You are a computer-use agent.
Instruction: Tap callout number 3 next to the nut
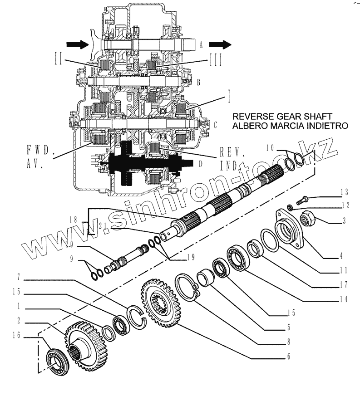coord(344,221)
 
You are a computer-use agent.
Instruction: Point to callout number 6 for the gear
coord(288,356)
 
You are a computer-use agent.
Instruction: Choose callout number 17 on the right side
coord(344,285)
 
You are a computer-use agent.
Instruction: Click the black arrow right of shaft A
coord(220,44)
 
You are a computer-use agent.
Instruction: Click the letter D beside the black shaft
coord(199,163)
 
